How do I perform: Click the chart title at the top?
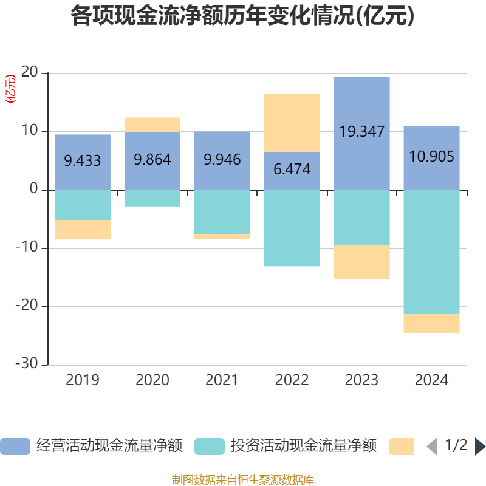pyautogui.click(x=242, y=16)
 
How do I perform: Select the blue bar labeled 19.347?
pyautogui.click(x=361, y=103)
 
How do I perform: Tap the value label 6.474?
pyautogui.click(x=292, y=169)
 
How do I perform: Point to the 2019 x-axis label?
pyautogui.click(x=83, y=380)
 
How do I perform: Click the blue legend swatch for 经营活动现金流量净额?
pyautogui.click(x=15, y=447)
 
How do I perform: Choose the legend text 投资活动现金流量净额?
pyautogui.click(x=303, y=447)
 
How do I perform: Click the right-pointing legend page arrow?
pyautogui.click(x=479, y=447)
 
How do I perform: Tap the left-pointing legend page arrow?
pyautogui.click(x=432, y=447)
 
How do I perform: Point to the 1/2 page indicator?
pyautogui.click(x=456, y=446)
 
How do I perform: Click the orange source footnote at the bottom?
pyautogui.click(x=242, y=480)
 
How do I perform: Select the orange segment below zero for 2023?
pyautogui.click(x=361, y=262)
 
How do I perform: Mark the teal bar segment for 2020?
pyautogui.click(x=152, y=198)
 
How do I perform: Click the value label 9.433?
pyautogui.click(x=83, y=161)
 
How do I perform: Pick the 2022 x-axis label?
pyautogui.click(x=292, y=380)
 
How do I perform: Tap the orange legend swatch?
pyautogui.click(x=401, y=447)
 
